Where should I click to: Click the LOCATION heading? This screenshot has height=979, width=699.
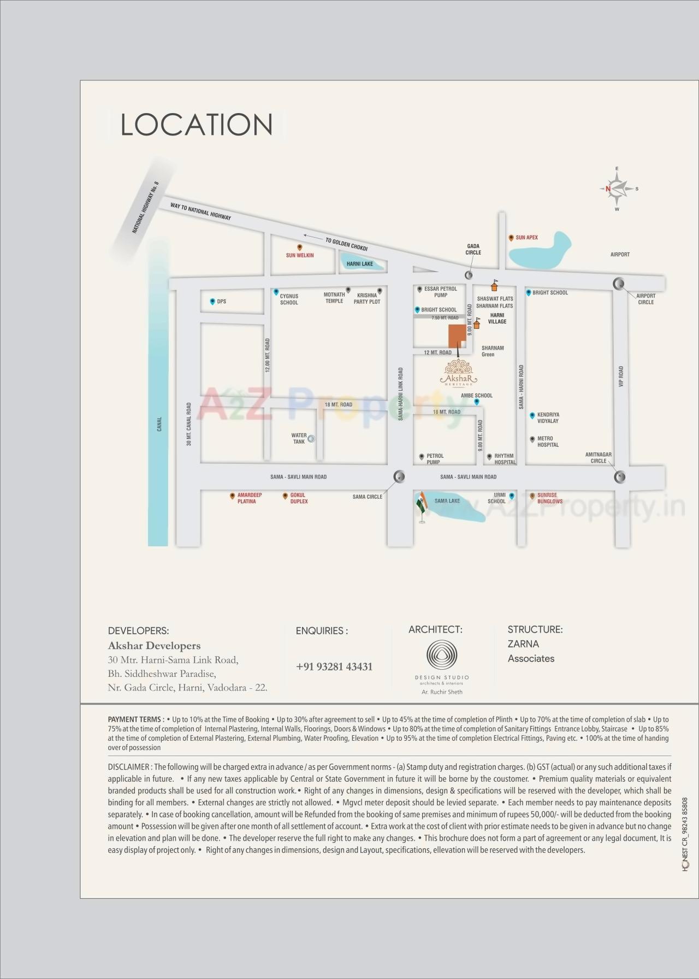click(x=197, y=125)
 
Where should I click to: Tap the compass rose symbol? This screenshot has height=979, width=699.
click(x=617, y=189)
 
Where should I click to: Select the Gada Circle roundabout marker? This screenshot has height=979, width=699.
click(x=469, y=275)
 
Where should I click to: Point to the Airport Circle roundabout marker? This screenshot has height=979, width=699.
click(x=619, y=283)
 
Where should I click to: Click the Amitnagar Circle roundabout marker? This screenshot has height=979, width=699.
click(x=619, y=477)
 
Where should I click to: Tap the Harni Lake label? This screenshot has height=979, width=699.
click(x=360, y=264)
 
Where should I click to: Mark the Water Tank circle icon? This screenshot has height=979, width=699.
click(x=311, y=438)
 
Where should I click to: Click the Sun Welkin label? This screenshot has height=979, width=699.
click(x=300, y=255)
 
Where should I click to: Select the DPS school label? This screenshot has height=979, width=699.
click(x=221, y=302)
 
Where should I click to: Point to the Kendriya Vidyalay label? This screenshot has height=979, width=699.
click(x=548, y=418)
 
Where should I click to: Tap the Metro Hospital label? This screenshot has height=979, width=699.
click(x=548, y=441)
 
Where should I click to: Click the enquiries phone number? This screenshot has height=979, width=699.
click(x=334, y=667)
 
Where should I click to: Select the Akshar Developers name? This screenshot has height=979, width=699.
click(x=154, y=646)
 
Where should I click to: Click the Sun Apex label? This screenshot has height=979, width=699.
click(x=526, y=238)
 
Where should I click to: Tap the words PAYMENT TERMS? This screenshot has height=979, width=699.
click(x=135, y=719)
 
